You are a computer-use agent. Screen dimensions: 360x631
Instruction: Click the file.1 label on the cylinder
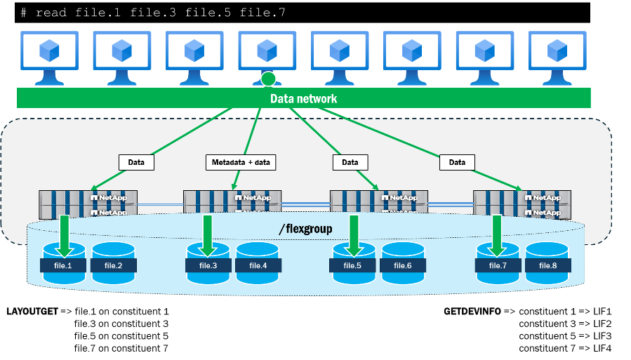(x=64, y=265)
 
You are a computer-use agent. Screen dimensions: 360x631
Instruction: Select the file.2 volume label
(x=113, y=265)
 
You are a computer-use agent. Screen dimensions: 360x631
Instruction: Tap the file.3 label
(x=208, y=265)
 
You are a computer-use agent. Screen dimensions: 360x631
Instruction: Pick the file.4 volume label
(x=258, y=265)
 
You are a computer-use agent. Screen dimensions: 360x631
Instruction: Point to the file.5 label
(x=352, y=265)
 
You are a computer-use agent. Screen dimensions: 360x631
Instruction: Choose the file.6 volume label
(x=402, y=265)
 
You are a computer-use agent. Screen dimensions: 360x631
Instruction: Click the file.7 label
(x=498, y=265)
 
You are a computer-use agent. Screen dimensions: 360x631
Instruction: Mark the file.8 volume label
(x=547, y=265)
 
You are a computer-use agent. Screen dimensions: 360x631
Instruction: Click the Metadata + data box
(x=240, y=162)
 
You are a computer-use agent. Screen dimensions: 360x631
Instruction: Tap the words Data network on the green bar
(x=303, y=98)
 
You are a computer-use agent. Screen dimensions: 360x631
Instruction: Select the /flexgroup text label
(x=305, y=228)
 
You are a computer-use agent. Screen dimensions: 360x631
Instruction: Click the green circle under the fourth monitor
(x=268, y=79)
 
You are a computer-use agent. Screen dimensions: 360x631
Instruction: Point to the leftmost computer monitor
(x=48, y=53)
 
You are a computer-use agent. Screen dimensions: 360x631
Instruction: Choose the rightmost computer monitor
(x=557, y=53)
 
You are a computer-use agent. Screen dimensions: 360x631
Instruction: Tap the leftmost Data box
(x=136, y=162)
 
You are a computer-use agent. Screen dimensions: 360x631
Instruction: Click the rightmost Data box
(x=457, y=162)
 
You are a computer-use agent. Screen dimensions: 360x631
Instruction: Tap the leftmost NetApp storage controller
(x=88, y=204)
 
